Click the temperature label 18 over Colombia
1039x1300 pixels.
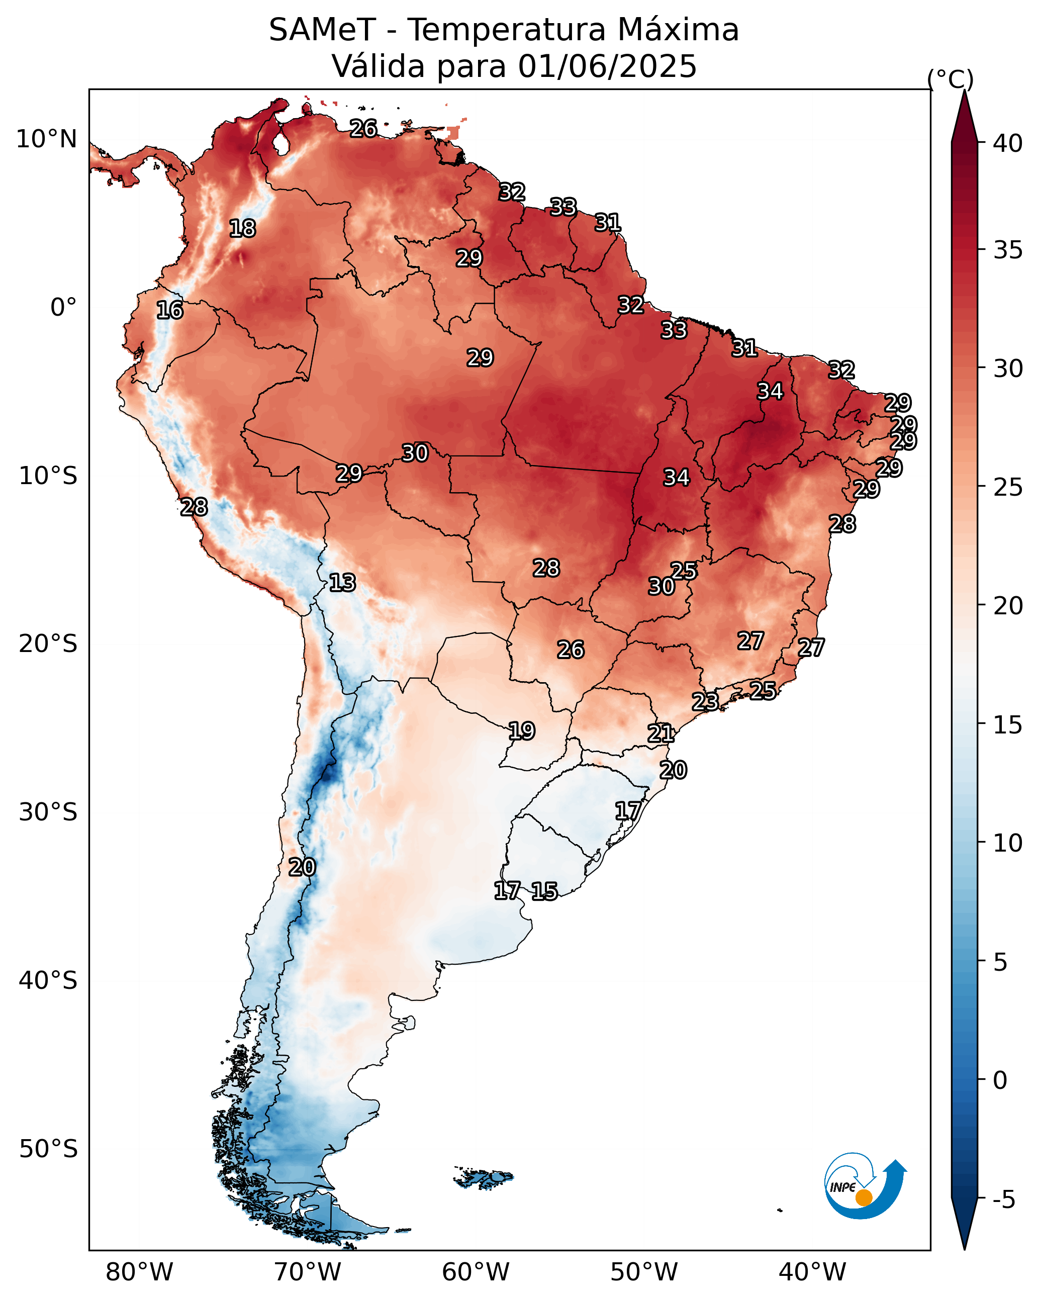click(242, 229)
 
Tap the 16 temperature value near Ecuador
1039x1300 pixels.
click(169, 310)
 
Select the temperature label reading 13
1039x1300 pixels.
click(342, 583)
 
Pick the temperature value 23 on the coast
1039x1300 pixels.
click(704, 701)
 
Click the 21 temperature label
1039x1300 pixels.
click(660, 733)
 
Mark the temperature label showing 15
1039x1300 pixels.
click(544, 891)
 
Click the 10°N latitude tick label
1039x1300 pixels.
click(46, 139)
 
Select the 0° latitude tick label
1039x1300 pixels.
click(63, 308)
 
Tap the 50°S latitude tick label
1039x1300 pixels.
click(48, 1149)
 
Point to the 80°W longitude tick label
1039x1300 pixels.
click(139, 1272)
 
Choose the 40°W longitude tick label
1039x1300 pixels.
click(812, 1272)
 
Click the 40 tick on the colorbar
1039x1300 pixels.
click(1008, 143)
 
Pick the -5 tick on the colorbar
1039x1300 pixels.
click(1004, 1200)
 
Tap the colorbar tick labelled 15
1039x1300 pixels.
click(1008, 725)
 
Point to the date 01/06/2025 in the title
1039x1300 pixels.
click(607, 66)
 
